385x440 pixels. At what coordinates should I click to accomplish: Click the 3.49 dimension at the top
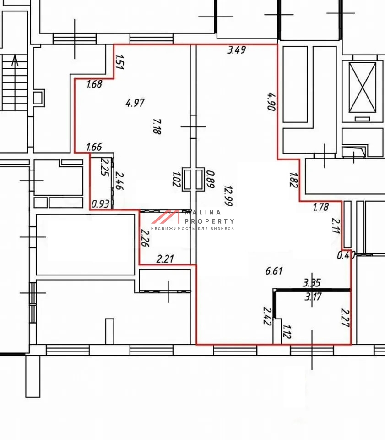click(x=237, y=50)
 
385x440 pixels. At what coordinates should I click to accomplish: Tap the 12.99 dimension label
click(x=228, y=196)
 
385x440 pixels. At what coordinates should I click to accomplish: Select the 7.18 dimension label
click(x=157, y=126)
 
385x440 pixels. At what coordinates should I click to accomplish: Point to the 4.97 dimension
click(x=135, y=103)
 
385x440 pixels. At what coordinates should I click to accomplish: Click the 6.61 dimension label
click(x=274, y=271)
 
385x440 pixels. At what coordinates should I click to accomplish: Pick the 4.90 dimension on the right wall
click(x=272, y=102)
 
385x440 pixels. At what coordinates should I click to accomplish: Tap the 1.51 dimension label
click(x=119, y=62)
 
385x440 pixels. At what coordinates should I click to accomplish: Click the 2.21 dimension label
click(x=165, y=258)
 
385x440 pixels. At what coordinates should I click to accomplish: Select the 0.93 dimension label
click(x=100, y=203)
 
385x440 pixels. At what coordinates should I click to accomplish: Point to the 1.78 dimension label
click(x=321, y=207)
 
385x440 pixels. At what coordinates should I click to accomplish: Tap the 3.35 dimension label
click(x=312, y=283)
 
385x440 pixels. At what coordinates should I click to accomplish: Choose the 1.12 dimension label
click(x=287, y=332)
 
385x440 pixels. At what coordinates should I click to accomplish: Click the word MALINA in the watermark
click(x=203, y=213)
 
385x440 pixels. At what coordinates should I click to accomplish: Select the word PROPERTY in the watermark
click(x=209, y=221)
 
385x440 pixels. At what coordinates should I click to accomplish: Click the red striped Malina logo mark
click(x=166, y=217)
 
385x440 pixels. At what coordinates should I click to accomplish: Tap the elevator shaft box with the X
click(x=363, y=87)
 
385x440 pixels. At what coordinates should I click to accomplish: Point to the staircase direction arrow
click(x=15, y=60)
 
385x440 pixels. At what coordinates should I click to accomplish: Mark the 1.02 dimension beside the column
click(x=176, y=179)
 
